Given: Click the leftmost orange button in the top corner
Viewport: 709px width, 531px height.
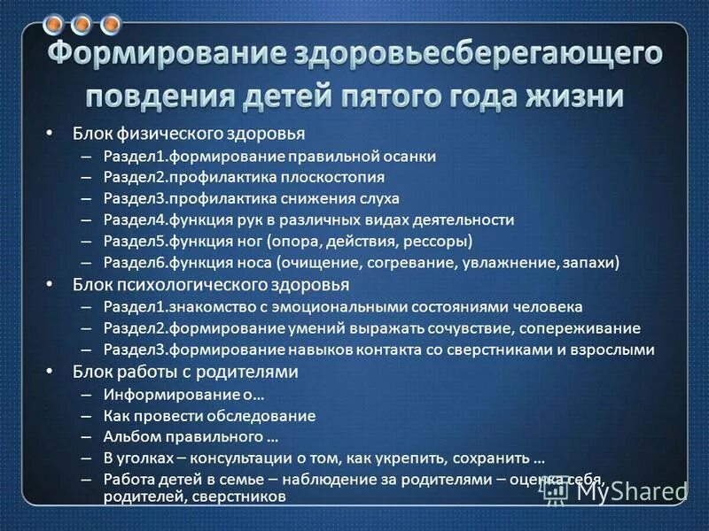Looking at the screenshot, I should click(55, 24).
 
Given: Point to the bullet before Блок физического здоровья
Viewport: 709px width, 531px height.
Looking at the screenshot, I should click(50, 134).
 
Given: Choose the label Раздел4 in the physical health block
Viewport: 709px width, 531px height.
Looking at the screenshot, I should click(133, 219).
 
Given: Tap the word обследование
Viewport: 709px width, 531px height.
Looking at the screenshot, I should click(270, 414).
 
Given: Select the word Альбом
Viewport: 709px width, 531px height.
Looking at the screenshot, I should click(129, 436).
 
